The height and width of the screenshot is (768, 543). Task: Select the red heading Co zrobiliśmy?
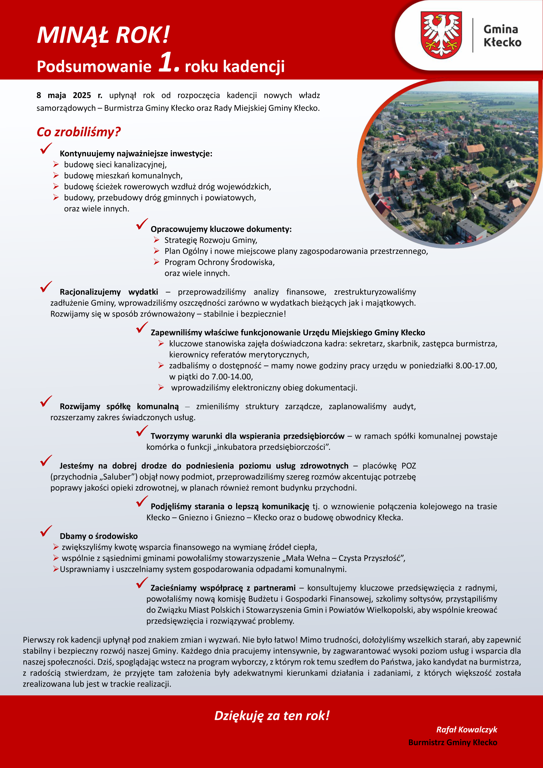pyautogui.click(x=78, y=132)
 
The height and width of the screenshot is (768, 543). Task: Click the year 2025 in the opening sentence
pyautogui.click(x=82, y=95)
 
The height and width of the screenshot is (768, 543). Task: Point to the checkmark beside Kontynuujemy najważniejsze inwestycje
pyautogui.click(x=46, y=148)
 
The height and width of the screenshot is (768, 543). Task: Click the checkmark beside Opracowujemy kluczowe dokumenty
pyautogui.click(x=142, y=224)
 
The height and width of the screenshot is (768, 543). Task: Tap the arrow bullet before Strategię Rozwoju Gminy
pyautogui.click(x=156, y=240)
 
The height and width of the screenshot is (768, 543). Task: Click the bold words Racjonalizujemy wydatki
pyautogui.click(x=109, y=292)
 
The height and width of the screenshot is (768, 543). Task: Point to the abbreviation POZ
pyautogui.click(x=409, y=466)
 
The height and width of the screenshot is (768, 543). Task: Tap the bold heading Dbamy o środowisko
pyautogui.click(x=99, y=536)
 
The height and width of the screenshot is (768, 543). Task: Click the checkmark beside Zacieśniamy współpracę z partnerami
pyautogui.click(x=142, y=583)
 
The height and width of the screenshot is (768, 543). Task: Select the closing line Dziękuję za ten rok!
pyautogui.click(x=272, y=715)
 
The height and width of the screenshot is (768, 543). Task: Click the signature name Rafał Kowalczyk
pyautogui.click(x=466, y=730)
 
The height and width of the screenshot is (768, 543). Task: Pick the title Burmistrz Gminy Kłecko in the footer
pyautogui.click(x=453, y=742)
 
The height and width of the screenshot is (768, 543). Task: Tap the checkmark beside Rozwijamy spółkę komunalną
pyautogui.click(x=46, y=401)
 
